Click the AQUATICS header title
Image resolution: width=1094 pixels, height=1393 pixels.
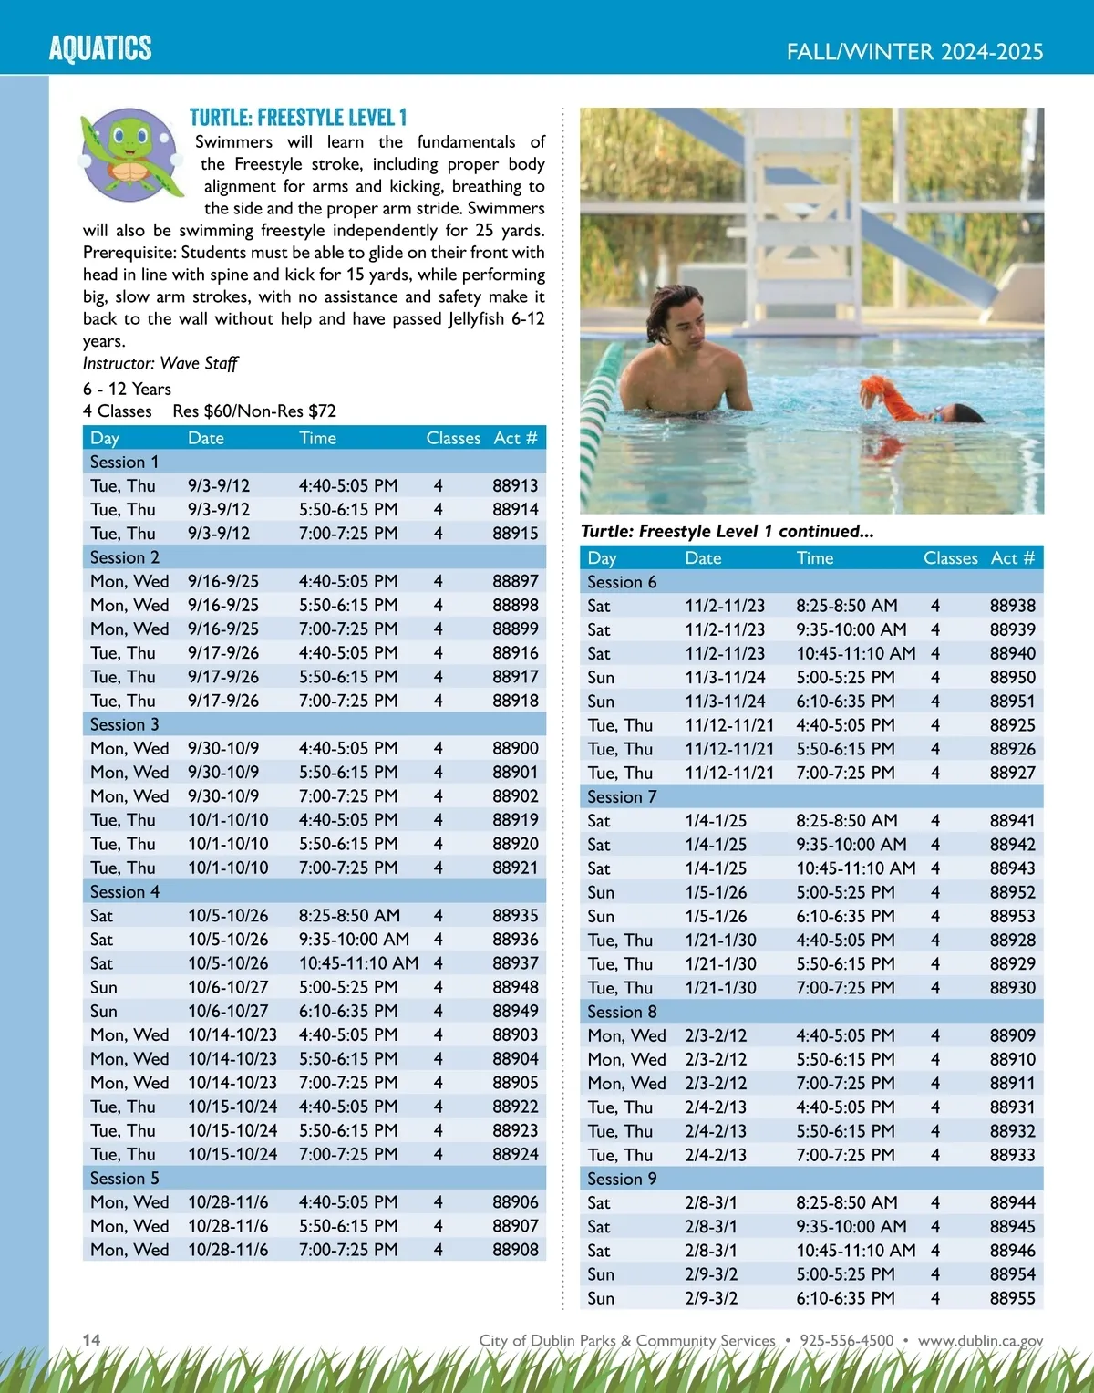pyautogui.click(x=100, y=48)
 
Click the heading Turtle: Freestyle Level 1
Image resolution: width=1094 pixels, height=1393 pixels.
pyautogui.click(x=298, y=118)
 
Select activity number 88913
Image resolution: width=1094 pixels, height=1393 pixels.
pyautogui.click(x=515, y=486)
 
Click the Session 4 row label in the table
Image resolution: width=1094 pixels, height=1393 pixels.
pyautogui.click(x=125, y=892)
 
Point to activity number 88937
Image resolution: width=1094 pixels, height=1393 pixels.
pyautogui.click(x=515, y=963)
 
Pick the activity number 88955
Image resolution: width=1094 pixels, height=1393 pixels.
pyautogui.click(x=1012, y=1298)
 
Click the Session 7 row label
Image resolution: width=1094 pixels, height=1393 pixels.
pyautogui.click(x=622, y=797)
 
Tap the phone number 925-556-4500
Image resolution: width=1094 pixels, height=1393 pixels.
pyautogui.click(x=846, y=1340)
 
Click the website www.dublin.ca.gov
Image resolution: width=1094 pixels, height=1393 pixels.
pyautogui.click(x=980, y=1340)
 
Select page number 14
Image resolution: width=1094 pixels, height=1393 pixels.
pyautogui.click(x=91, y=1339)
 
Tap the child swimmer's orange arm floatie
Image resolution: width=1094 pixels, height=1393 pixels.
pyautogui.click(x=890, y=394)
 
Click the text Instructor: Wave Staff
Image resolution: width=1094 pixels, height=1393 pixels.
pyautogui.click(x=160, y=363)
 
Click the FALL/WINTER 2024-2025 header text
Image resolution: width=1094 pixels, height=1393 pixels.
pyautogui.click(x=914, y=52)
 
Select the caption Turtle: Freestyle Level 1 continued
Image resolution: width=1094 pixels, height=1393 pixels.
pyautogui.click(x=727, y=532)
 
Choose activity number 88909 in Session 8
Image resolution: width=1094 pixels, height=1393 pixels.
pyautogui.click(x=1012, y=1035)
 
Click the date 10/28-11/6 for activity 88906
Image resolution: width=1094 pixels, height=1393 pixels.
pyautogui.click(x=228, y=1202)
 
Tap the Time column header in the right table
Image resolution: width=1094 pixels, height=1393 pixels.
pyautogui.click(x=814, y=558)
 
